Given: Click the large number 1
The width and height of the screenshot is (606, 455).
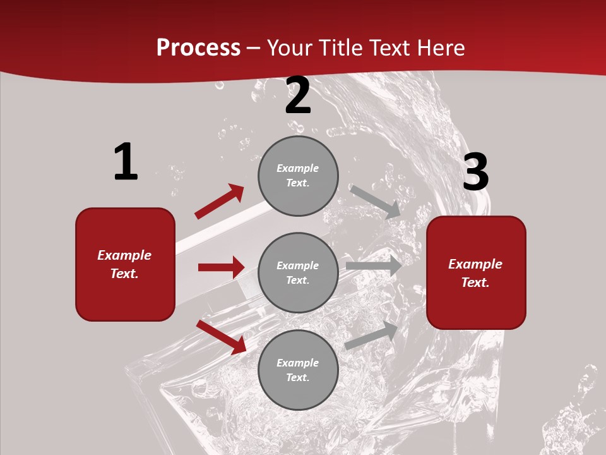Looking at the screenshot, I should [x=126, y=162].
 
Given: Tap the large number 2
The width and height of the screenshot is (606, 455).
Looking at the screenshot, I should [x=298, y=95].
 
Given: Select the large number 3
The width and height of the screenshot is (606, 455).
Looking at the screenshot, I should [x=475, y=172].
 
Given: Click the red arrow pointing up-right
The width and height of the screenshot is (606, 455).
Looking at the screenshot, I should [x=219, y=201].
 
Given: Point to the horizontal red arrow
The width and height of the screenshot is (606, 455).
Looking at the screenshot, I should [x=221, y=267].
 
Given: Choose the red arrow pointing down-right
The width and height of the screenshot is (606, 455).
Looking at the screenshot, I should [x=221, y=336].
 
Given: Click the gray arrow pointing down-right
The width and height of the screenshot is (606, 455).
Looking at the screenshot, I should [x=376, y=202].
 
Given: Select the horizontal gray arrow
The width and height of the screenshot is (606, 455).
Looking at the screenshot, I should [x=374, y=265].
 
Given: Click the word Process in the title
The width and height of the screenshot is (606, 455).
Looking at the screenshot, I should [x=198, y=47].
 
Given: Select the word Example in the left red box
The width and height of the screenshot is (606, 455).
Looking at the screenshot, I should [x=124, y=255].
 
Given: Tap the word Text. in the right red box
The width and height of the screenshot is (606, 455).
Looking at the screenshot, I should [x=475, y=282].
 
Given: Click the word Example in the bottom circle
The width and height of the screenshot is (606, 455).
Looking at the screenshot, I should [x=298, y=363].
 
